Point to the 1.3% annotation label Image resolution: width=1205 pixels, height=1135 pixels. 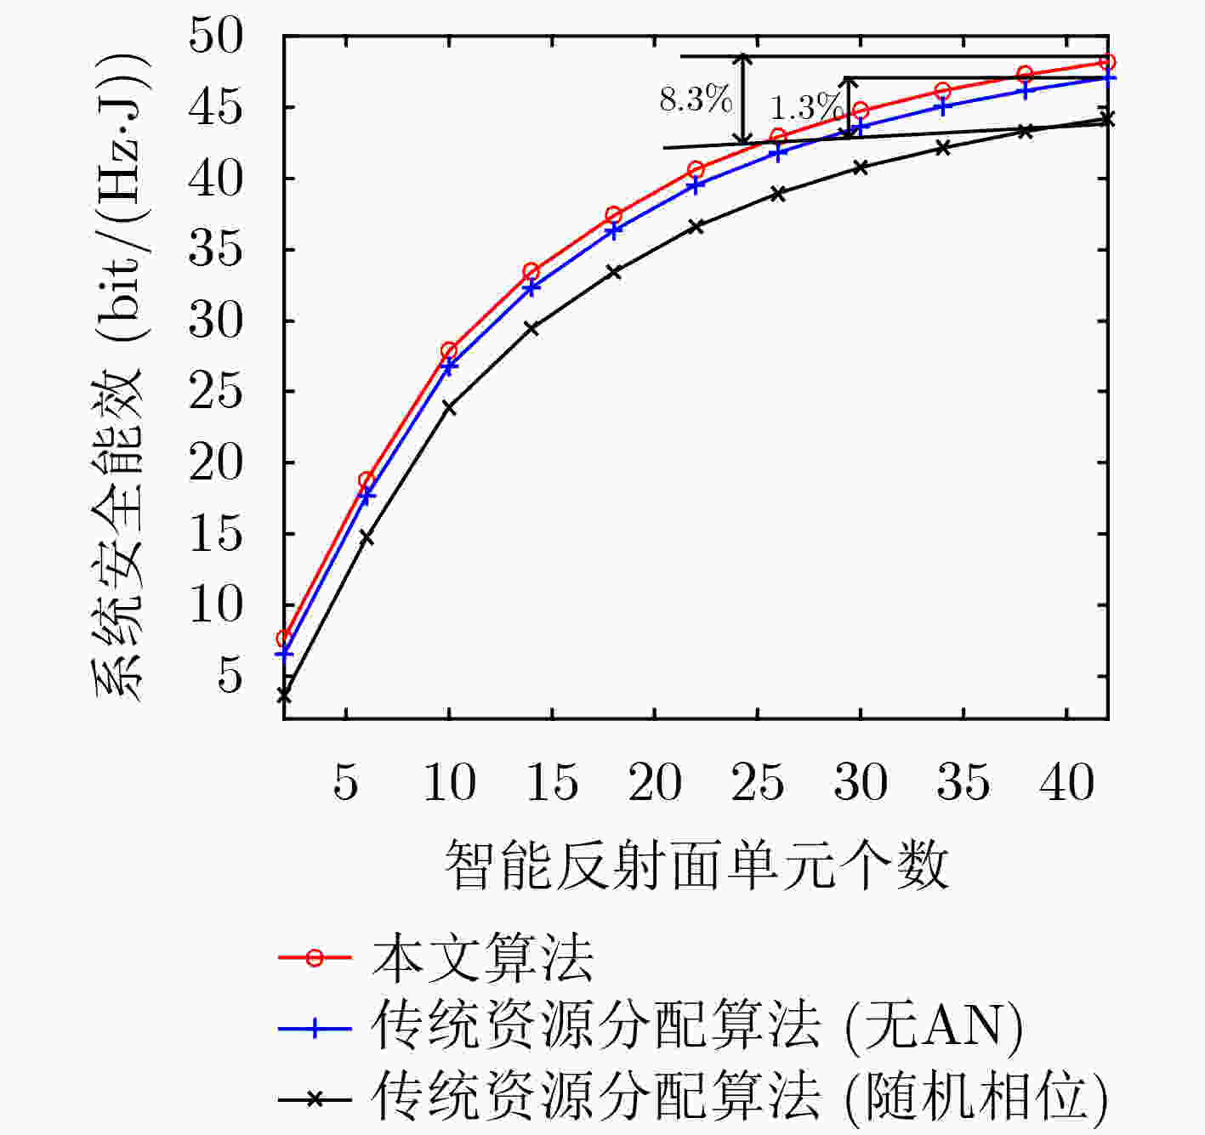pos(806,108)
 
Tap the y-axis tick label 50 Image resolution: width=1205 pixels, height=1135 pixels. pos(216,36)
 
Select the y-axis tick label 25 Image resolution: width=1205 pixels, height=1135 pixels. pos(216,391)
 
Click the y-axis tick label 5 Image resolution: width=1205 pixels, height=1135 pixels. pos(230,676)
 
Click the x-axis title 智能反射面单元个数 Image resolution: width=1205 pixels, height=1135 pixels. pos(696,865)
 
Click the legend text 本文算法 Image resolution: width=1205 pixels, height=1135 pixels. pos(483,958)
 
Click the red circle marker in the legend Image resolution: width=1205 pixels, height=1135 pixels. pos(315,958)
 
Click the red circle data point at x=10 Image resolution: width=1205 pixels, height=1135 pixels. pos(449,350)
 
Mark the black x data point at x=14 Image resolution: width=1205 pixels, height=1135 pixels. pos(531,328)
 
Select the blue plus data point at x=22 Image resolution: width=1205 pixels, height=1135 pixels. pos(696,185)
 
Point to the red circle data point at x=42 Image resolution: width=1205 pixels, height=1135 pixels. pos(1107,62)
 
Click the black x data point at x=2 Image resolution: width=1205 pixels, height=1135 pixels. pos(284,695)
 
